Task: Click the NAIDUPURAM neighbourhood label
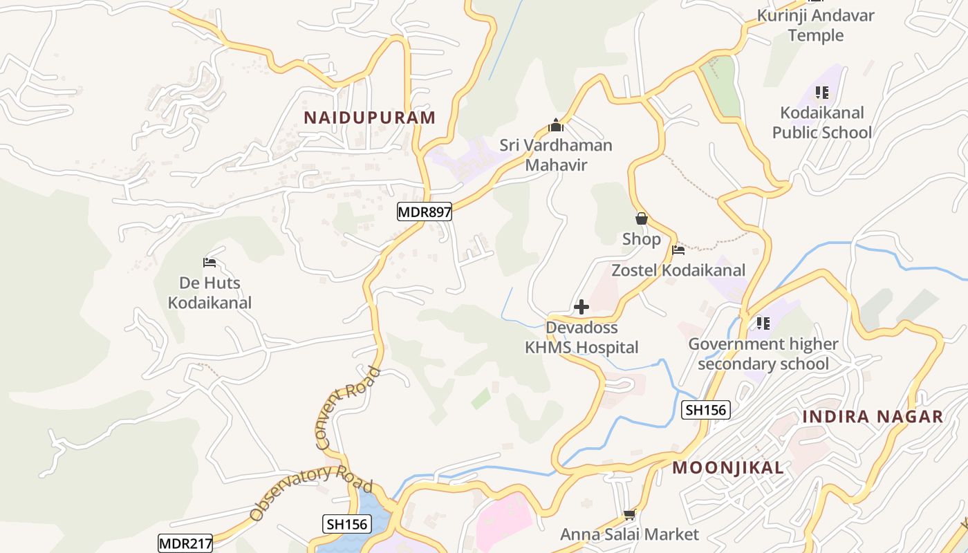(370, 118)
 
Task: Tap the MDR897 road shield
(425, 212)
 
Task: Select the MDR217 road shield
(185, 543)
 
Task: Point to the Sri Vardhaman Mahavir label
(556, 155)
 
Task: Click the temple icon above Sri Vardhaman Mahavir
(556, 126)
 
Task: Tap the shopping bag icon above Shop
(642, 219)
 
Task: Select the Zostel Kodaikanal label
(678, 270)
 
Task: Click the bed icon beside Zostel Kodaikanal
(678, 250)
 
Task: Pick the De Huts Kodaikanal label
(210, 292)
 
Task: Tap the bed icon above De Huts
(210, 263)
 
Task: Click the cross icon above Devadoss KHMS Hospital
(581, 307)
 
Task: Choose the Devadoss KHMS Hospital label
(581, 337)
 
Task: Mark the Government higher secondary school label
(763, 353)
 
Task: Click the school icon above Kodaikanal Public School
(821, 93)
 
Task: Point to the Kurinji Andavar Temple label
(816, 25)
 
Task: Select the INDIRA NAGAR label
(873, 417)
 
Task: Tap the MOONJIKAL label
(728, 468)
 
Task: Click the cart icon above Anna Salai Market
(629, 515)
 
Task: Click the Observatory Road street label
(311, 491)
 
